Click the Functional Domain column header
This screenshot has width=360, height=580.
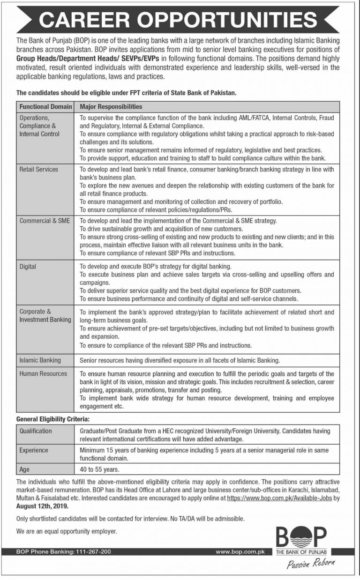click(45, 107)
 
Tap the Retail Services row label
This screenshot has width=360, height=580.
click(38, 169)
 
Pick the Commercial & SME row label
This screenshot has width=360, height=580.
click(45, 221)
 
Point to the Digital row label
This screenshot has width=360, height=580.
click(28, 266)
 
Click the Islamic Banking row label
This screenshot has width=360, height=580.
click(40, 360)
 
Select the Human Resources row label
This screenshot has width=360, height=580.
click(43, 373)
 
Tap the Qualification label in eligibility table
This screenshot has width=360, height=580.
click(36, 431)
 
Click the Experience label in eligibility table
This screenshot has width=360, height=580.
click(34, 450)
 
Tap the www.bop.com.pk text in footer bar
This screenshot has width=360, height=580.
click(240, 552)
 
